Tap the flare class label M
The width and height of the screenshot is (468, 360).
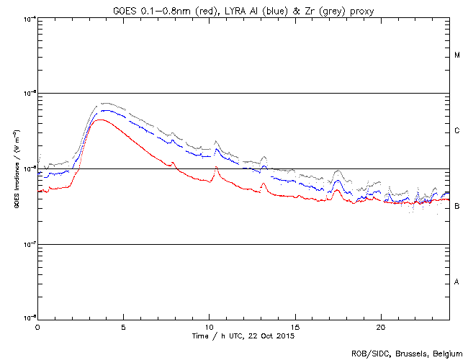(457, 55)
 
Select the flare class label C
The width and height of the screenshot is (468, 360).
(457, 131)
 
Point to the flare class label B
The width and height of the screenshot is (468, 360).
(457, 207)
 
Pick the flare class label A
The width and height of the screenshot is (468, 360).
(457, 282)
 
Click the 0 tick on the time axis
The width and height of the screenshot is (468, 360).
(37, 328)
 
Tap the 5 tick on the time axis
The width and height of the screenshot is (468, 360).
(123, 328)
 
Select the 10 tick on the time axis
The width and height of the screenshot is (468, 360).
(209, 328)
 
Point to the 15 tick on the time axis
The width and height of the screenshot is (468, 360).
(295, 328)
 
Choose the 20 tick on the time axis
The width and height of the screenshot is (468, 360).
(381, 328)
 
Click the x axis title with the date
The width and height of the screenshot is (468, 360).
(243, 336)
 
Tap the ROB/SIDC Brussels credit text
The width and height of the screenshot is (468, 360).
(407, 354)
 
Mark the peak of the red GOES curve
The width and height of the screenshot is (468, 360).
(101, 120)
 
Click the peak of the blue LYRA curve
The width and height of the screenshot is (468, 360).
(105, 111)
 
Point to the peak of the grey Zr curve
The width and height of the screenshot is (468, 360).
(106, 103)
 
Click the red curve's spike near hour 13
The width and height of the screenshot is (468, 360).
(264, 184)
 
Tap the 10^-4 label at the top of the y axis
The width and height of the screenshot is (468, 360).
(29, 17)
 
